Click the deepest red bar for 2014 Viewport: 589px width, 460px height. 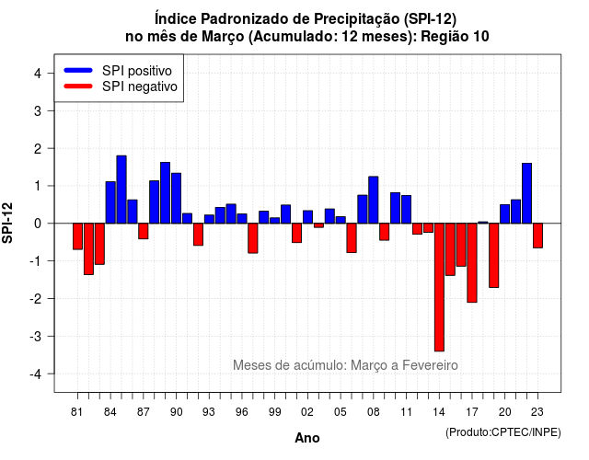point(439,287)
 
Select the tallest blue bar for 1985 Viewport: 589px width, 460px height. point(121,190)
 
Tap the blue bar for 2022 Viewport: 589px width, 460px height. point(526,193)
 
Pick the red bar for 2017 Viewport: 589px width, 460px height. point(472,263)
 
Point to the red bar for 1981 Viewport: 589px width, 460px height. point(77,236)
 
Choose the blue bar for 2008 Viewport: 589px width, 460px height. point(374,200)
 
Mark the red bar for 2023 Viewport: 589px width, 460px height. point(537,236)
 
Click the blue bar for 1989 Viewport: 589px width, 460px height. point(166,192)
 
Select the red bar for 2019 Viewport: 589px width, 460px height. point(494,256)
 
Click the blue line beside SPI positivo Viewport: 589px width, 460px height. point(78,70)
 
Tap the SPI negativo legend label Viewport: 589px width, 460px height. point(140,86)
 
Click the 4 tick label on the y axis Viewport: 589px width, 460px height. point(38,74)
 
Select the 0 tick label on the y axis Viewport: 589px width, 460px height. point(38,224)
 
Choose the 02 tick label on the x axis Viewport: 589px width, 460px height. point(307,412)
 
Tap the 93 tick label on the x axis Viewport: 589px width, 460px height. point(209,412)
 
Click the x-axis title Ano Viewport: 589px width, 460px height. point(307,438)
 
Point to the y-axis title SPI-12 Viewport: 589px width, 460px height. point(7,223)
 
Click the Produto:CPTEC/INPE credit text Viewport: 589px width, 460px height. point(503,432)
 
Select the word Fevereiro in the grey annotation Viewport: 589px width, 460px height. point(430,365)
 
